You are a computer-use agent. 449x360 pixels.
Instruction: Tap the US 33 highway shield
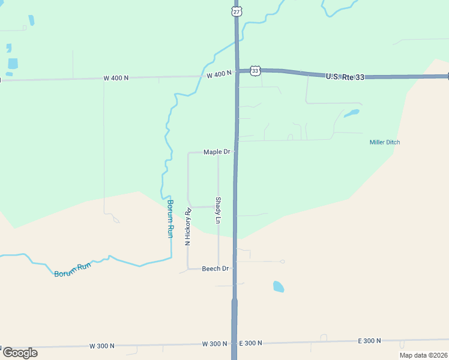tap(256, 71)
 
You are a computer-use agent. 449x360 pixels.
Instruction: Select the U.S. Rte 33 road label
tap(345, 77)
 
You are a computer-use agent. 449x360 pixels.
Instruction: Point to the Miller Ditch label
tap(384, 142)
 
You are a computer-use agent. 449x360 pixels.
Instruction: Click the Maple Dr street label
tap(217, 152)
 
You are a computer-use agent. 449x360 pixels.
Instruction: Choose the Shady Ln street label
tap(218, 210)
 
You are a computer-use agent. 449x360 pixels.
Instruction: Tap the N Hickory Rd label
tap(188, 227)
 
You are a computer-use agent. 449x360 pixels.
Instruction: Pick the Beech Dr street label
tap(215, 268)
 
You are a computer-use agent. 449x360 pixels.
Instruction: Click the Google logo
tap(20, 353)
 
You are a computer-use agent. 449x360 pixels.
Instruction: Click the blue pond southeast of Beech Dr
tap(279, 287)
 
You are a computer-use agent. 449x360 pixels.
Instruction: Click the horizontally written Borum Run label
tap(72, 269)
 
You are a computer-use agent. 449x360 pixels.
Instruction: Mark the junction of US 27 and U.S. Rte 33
tap(237, 71)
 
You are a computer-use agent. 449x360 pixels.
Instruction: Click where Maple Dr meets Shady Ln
tap(218, 152)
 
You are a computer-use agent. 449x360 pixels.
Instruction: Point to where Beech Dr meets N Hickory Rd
tap(188, 268)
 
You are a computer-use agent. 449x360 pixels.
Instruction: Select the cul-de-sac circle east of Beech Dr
tap(282, 262)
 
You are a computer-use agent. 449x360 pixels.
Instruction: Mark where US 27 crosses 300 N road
tap(234, 343)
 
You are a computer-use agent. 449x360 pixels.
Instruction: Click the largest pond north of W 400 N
tap(13, 64)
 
